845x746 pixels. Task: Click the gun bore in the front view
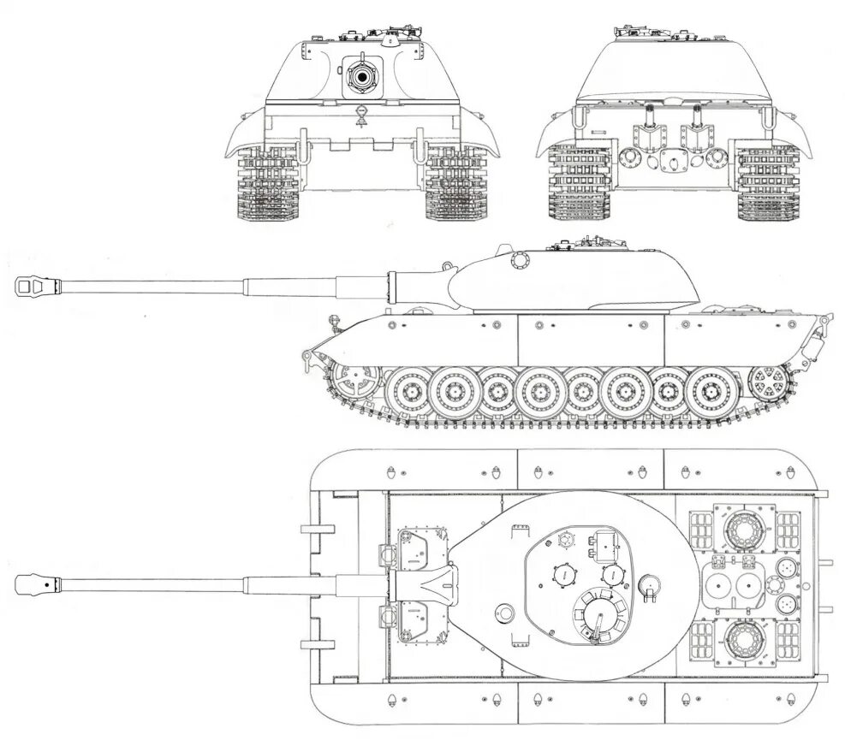(361, 78)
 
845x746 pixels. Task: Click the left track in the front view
(266, 184)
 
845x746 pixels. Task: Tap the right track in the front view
(455, 184)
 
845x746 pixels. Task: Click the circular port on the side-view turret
(520, 261)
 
